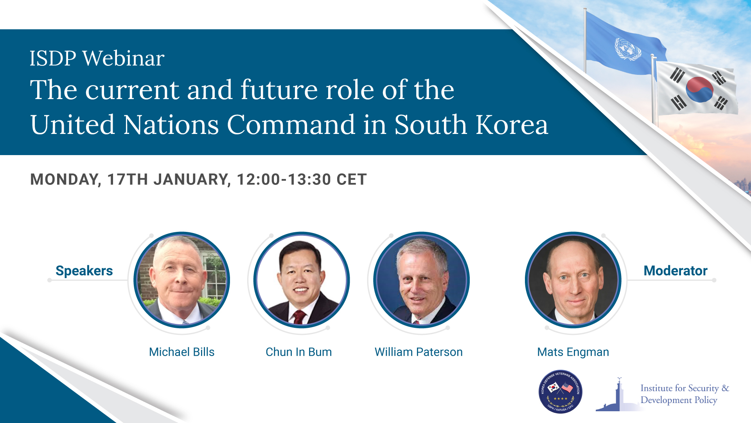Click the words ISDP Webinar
[x=97, y=59]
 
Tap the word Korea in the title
[x=512, y=125]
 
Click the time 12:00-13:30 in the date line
[x=284, y=179]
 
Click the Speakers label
[x=84, y=271]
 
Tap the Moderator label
[x=676, y=271]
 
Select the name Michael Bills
[x=181, y=352]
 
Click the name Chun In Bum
[x=298, y=352]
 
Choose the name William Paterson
[x=419, y=352]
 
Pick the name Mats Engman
[x=573, y=352]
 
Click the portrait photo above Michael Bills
[x=182, y=280]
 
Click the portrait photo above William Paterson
[x=421, y=280]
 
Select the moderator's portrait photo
[x=573, y=280]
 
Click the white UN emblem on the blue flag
[x=627, y=49]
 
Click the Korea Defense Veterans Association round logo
[x=560, y=391]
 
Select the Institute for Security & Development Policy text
[x=685, y=394]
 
